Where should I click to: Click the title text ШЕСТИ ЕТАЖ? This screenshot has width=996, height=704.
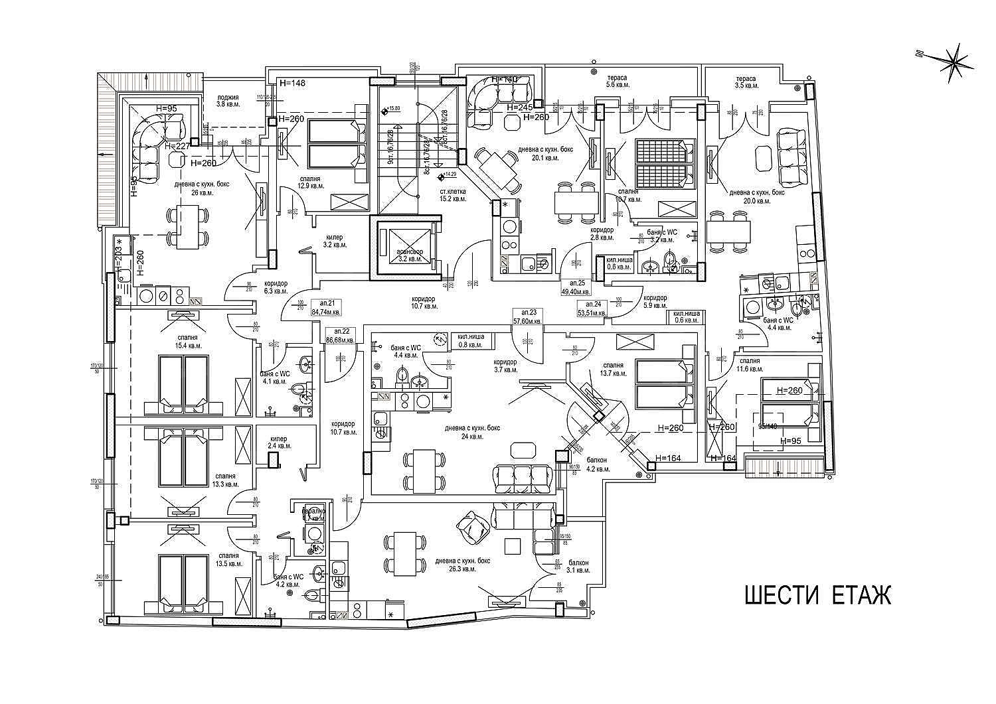click(817, 595)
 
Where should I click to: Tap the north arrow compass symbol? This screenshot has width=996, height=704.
click(954, 63)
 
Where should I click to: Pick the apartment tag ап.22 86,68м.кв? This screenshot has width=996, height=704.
click(340, 335)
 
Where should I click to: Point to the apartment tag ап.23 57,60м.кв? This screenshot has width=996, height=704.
click(528, 316)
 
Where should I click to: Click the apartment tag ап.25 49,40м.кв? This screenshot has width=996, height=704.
click(576, 287)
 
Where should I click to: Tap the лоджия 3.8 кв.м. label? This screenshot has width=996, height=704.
click(227, 101)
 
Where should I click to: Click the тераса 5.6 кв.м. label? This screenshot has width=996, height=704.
click(617, 82)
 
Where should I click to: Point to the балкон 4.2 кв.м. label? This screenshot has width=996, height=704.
click(598, 464)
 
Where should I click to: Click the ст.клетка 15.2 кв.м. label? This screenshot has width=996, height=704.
click(453, 194)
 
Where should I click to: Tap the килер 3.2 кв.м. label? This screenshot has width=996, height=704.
click(335, 241)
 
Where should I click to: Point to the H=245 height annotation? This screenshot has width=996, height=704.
click(521, 107)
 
